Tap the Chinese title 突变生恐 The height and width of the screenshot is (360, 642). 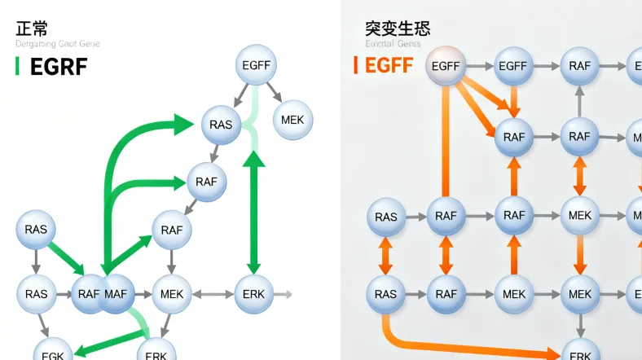[x=398, y=29]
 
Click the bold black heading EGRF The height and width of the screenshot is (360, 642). [x=59, y=67]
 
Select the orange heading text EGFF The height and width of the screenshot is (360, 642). [x=389, y=65]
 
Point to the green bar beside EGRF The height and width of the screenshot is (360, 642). [x=17, y=67]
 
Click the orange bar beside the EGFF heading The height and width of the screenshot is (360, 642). [x=356, y=65]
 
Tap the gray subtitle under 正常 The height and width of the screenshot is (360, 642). [x=57, y=44]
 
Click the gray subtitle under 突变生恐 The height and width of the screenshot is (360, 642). [x=393, y=44]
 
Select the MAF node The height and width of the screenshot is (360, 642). [x=116, y=293]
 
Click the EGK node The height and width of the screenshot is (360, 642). [x=53, y=353]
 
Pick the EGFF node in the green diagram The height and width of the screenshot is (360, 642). [x=257, y=65]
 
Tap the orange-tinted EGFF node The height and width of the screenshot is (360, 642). [x=446, y=66]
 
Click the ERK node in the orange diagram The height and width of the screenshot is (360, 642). [x=580, y=353]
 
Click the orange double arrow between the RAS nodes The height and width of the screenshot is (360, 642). [x=385, y=256]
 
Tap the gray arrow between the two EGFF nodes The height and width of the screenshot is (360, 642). [x=480, y=66]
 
